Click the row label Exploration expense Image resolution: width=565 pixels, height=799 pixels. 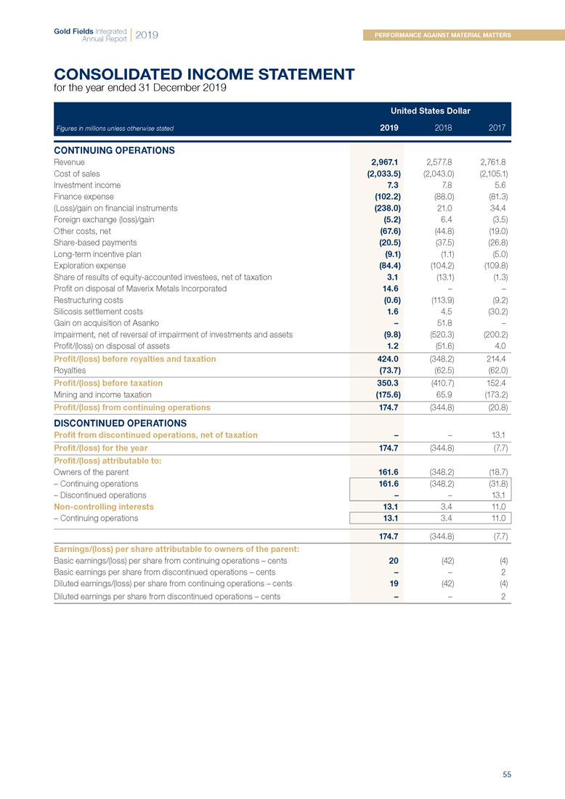click(91, 265)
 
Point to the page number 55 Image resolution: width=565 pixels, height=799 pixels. click(506, 774)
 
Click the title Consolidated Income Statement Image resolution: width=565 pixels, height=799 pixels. click(204, 74)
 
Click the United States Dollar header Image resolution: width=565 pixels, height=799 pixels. click(430, 111)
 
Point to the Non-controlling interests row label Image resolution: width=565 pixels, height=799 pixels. click(104, 506)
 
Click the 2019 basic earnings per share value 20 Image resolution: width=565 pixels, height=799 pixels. click(394, 561)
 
